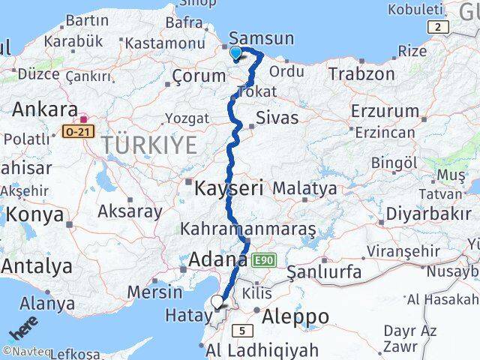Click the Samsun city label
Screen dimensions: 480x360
point(260,37)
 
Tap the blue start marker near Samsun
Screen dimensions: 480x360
point(236,52)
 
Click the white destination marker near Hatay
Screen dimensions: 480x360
point(217,302)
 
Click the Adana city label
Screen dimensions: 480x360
point(217,260)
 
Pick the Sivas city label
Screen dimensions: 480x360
point(277,118)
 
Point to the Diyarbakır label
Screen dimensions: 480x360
point(428,213)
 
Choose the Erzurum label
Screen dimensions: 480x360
point(385,111)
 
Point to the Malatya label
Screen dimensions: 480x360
point(304,188)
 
